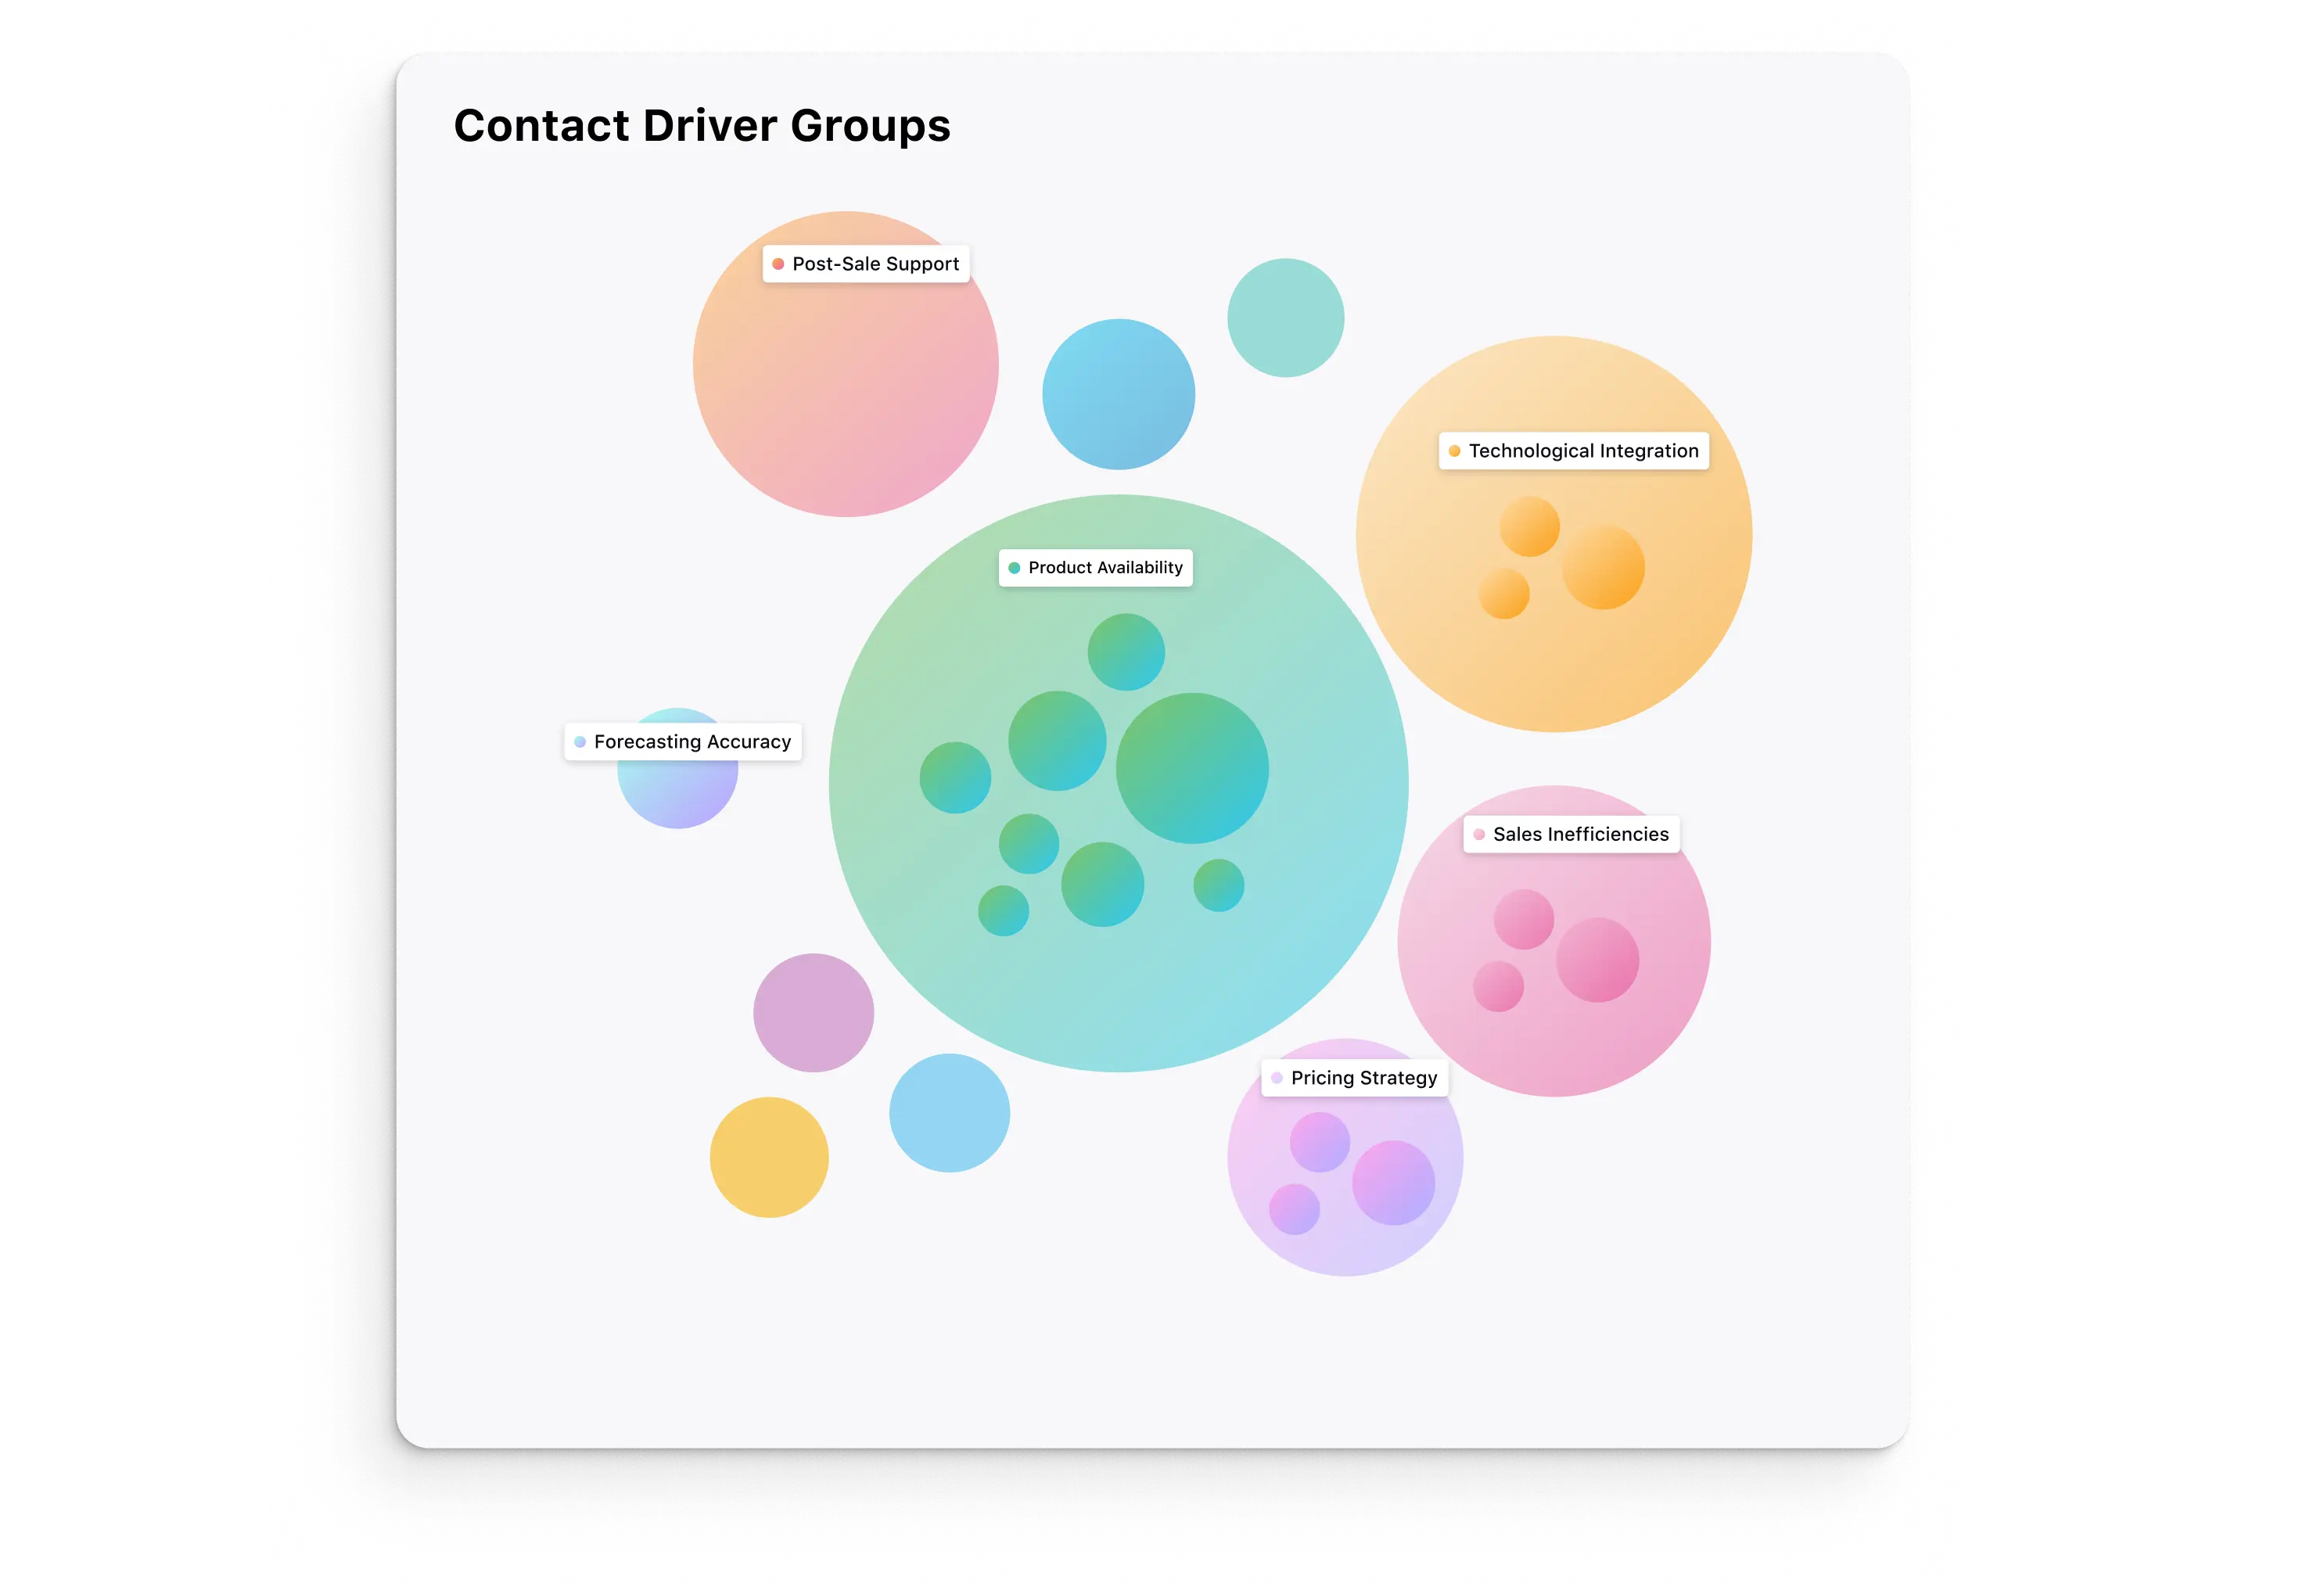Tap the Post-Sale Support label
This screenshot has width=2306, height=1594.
[866, 264]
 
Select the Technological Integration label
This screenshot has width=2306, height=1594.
[1574, 451]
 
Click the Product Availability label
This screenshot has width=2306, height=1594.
[1096, 567]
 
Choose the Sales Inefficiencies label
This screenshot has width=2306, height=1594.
[1572, 834]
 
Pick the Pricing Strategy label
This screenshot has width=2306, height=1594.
[1356, 1078]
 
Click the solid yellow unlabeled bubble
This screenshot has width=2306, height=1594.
[769, 1158]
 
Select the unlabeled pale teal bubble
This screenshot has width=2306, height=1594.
[1285, 318]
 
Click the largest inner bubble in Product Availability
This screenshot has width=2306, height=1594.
[1191, 768]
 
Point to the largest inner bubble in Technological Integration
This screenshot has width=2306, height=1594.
[1603, 567]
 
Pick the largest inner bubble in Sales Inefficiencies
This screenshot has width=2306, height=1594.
[1597, 960]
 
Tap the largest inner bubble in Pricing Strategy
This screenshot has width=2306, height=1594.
[1393, 1183]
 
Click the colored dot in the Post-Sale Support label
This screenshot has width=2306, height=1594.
[778, 264]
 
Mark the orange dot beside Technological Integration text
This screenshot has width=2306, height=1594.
[1454, 451]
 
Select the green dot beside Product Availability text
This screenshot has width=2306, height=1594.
[1014, 567]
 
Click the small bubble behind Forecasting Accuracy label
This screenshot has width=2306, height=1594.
[678, 793]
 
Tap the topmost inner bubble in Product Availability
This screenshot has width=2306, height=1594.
[1126, 652]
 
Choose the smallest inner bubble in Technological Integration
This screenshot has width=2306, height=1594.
[1504, 594]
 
